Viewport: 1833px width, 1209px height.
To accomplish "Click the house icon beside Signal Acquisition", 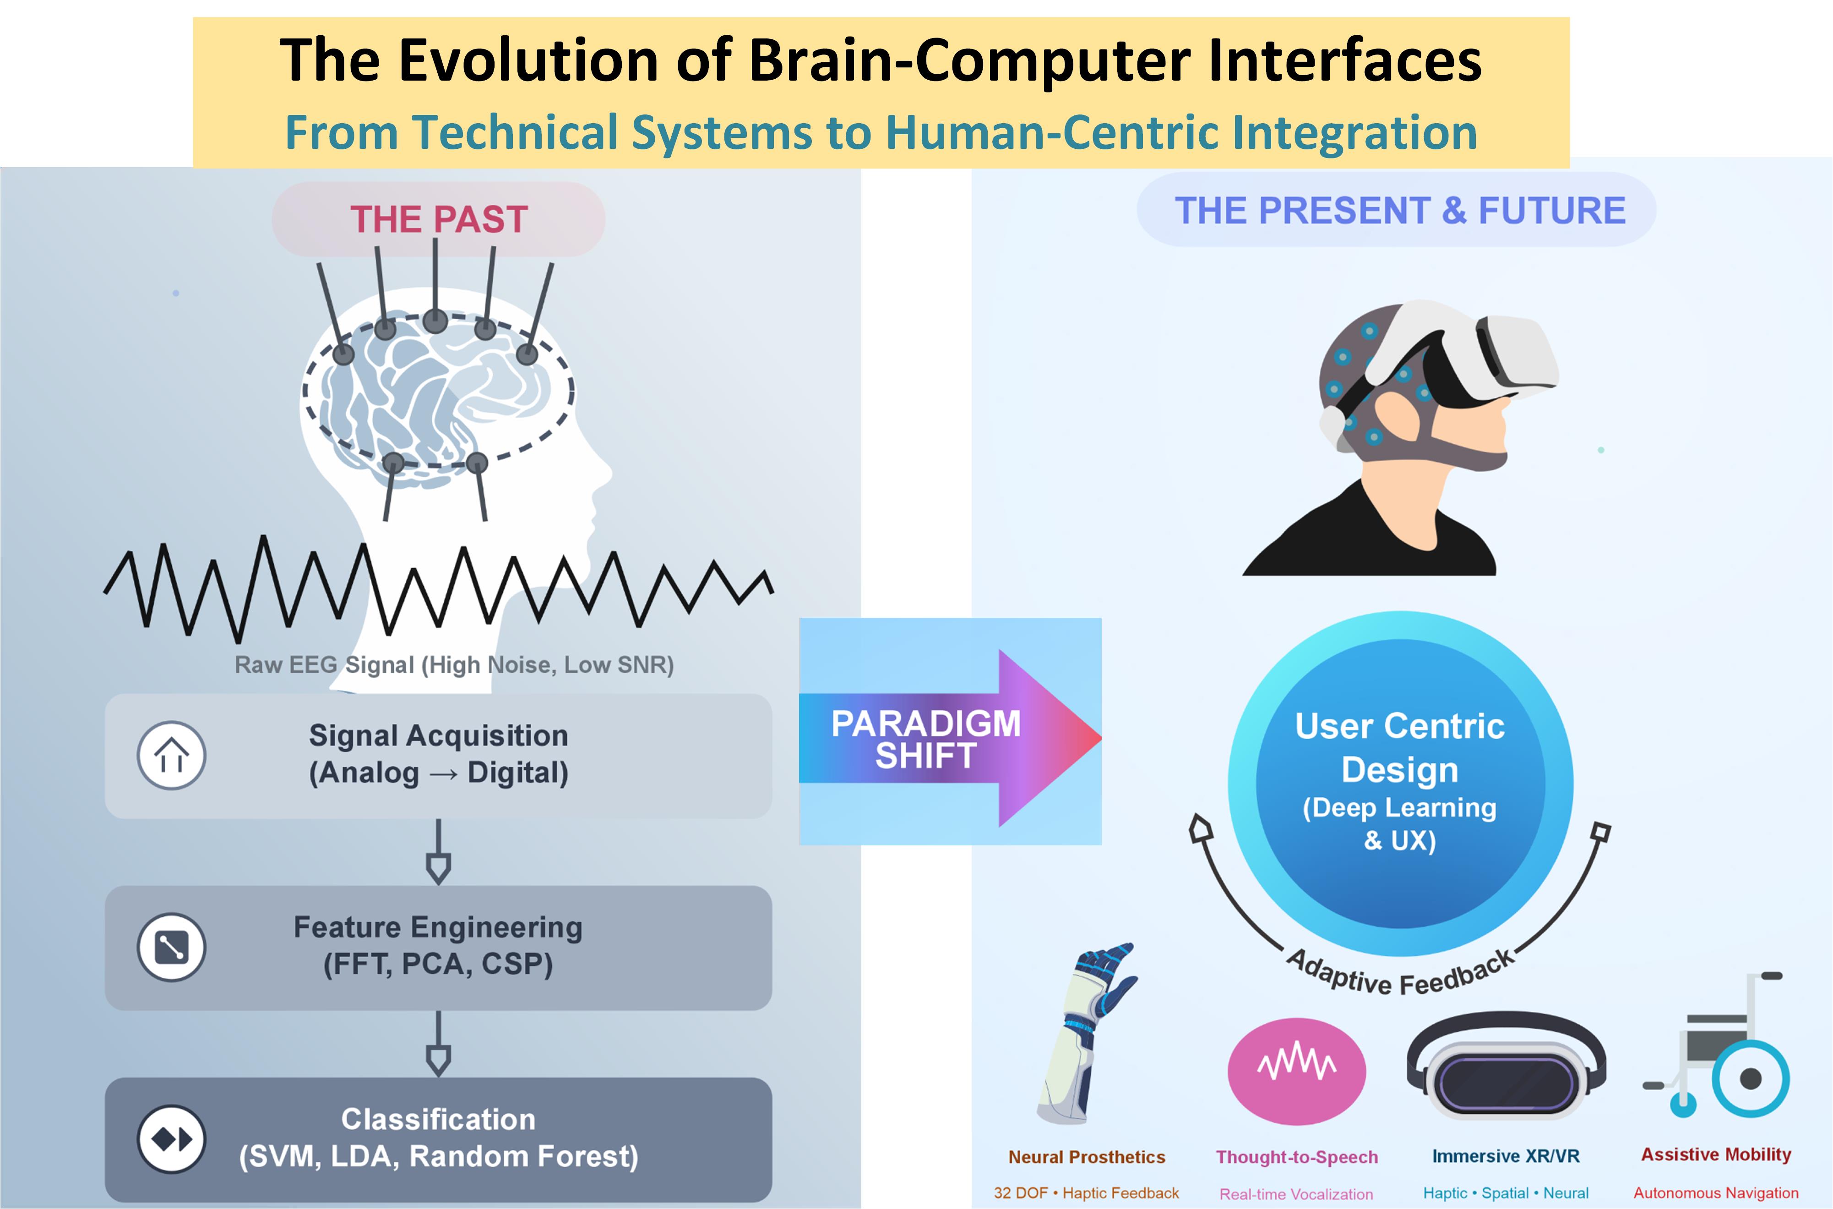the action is pyautogui.click(x=171, y=755).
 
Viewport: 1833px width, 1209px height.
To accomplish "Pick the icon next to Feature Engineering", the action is pyautogui.click(x=171, y=947).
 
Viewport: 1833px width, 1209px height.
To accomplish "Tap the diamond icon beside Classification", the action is pyautogui.click(x=171, y=1139).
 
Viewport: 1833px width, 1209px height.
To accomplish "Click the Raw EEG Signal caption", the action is pyautogui.click(x=454, y=664).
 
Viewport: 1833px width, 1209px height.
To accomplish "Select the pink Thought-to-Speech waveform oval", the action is pyautogui.click(x=1296, y=1071).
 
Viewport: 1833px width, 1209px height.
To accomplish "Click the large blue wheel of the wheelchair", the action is pyautogui.click(x=1751, y=1078).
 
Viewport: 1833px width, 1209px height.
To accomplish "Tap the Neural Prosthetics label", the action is pyautogui.click(x=1087, y=1157).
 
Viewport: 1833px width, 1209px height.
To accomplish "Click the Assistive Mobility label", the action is pyautogui.click(x=1716, y=1154).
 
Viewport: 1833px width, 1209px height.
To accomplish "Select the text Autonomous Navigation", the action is pyautogui.click(x=1716, y=1193).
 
